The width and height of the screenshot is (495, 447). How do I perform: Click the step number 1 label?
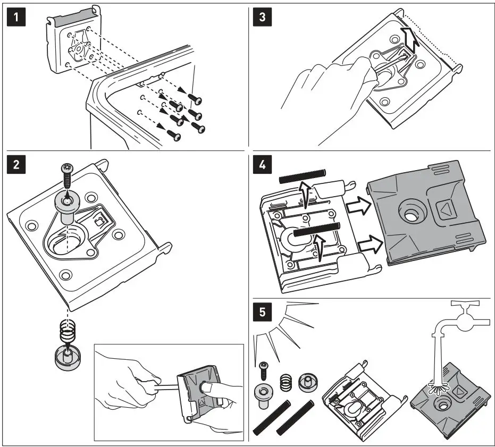(18, 18)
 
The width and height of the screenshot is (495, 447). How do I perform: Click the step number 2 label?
(18, 164)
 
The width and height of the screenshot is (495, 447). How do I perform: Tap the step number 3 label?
(262, 18)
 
